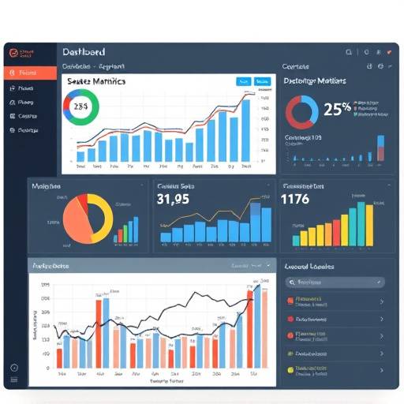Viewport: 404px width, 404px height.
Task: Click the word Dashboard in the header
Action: [83, 51]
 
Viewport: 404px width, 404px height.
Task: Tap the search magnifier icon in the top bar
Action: [348, 51]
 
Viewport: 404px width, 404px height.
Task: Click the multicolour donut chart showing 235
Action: [81, 106]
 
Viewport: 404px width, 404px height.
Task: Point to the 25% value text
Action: [337, 109]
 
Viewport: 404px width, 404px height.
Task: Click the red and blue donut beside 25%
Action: [301, 112]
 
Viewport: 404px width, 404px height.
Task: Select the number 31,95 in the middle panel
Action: [173, 199]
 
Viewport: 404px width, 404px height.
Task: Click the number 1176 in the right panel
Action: [295, 200]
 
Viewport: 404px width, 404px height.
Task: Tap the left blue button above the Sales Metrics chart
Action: [242, 81]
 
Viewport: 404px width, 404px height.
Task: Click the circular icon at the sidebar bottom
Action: [13, 368]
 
